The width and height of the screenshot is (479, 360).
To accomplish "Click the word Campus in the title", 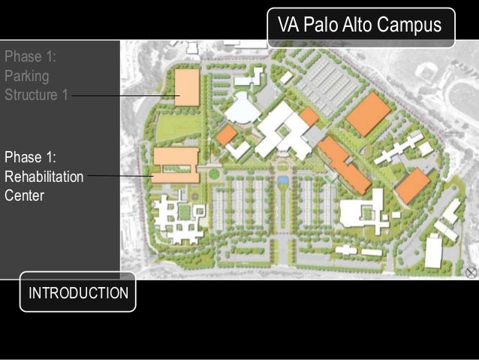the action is point(409,25).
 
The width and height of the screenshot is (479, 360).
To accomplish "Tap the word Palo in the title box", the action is point(321,25).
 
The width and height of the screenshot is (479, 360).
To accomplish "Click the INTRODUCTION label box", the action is point(78,292).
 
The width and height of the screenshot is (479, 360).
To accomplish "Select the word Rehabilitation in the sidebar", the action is point(44,177).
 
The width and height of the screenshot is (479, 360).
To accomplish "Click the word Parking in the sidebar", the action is point(27,77).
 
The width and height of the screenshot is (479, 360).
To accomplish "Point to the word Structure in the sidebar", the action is point(31,95).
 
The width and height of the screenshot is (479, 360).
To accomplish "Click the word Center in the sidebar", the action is point(25,195).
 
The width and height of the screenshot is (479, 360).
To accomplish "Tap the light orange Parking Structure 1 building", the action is point(187,87).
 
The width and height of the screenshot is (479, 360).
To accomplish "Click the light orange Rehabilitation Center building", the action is point(176,165).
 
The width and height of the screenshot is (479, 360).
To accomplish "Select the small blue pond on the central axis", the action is point(283,180).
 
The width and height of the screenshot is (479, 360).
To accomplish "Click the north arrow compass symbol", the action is point(471,272).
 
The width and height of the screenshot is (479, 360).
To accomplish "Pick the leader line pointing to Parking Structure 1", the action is point(125,95).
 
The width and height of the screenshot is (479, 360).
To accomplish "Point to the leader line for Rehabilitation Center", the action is point(121,176).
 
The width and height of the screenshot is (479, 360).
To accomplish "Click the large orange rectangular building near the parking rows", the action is point(369,114).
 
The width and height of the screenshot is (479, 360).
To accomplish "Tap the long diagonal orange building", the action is point(345,165).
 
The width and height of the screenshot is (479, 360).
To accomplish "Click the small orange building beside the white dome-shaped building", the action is point(227,135).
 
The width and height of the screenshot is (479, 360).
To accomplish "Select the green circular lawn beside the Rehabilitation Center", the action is point(214,174).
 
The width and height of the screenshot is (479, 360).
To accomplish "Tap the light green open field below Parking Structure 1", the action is point(179,126).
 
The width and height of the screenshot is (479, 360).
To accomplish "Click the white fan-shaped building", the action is point(243,108).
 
